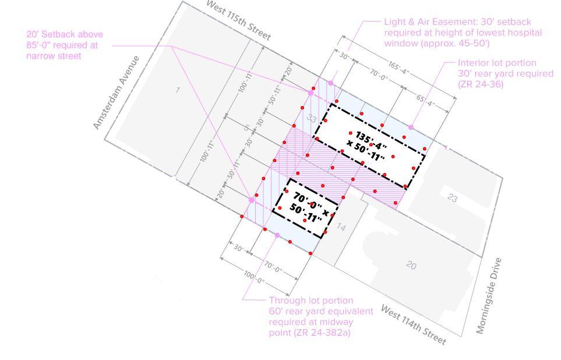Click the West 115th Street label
[239, 20]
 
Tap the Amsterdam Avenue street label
[117, 93]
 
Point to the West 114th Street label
[414, 324]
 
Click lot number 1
[178, 90]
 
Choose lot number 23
[453, 198]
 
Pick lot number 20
[411, 265]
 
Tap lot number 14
[341, 227]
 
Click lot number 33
[312, 119]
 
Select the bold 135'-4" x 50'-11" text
[370, 146]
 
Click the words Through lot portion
[311, 301]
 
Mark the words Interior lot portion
[497, 63]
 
